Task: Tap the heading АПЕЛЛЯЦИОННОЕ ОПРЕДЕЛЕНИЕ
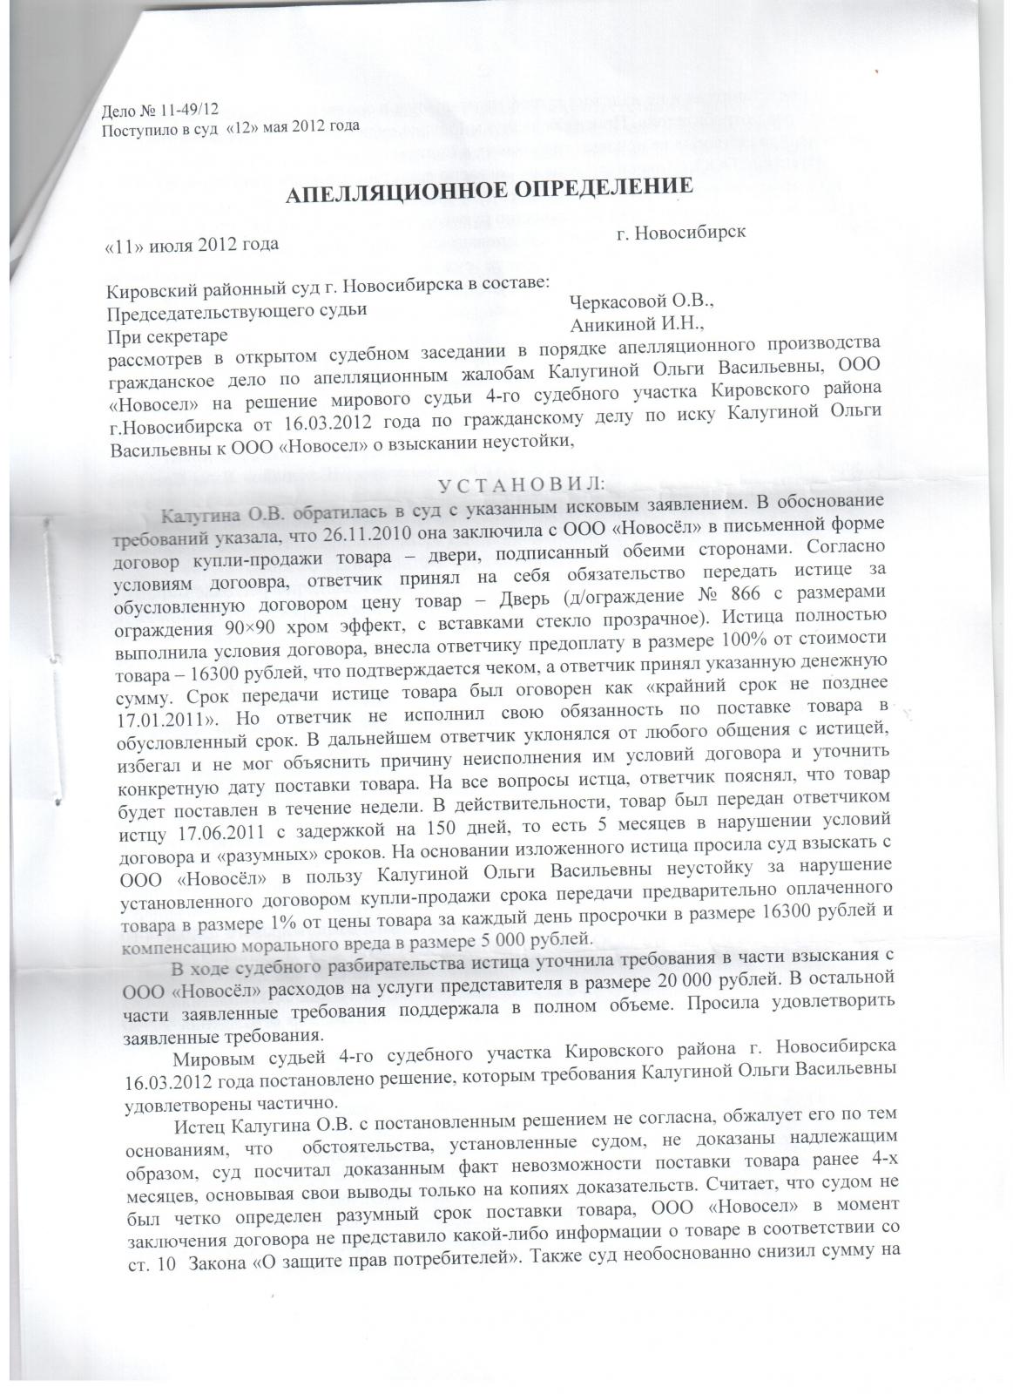click(490, 193)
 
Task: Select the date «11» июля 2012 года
click(192, 243)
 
